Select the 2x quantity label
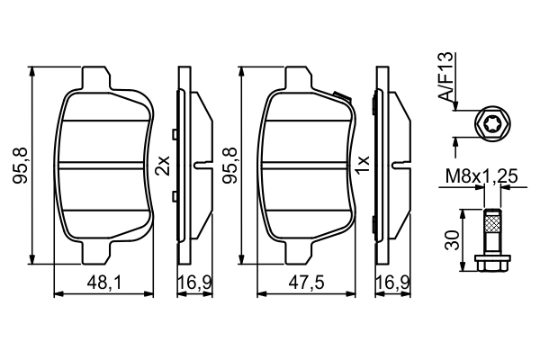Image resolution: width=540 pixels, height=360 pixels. [x=162, y=165]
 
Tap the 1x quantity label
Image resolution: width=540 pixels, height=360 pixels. [x=364, y=165]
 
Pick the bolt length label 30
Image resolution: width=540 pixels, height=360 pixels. [x=454, y=239]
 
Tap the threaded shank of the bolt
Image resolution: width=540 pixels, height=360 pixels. [x=491, y=230]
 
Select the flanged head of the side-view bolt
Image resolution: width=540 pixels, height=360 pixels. [x=491, y=261]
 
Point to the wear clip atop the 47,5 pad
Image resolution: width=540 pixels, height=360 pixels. [x=340, y=96]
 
